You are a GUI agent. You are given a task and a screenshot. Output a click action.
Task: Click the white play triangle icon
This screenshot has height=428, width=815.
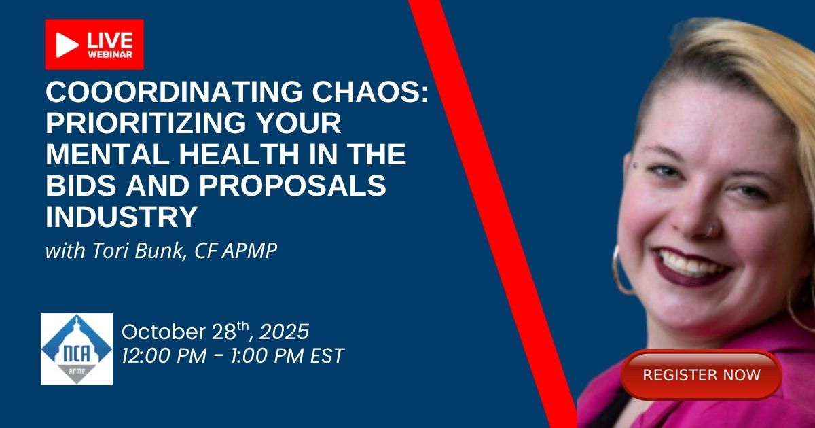(67, 45)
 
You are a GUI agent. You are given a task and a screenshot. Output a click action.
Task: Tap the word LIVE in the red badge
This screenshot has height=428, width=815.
(110, 40)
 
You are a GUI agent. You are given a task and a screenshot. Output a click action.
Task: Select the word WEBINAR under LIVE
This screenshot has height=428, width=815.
(110, 54)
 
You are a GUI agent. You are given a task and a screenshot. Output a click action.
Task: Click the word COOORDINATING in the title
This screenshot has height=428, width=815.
(174, 92)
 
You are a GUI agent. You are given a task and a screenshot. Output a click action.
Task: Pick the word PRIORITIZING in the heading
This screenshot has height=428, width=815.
(146, 123)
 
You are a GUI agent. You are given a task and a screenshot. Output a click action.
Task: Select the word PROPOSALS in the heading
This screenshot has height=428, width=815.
(293, 185)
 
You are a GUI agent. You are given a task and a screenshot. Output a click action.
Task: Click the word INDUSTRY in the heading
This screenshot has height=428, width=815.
(122, 217)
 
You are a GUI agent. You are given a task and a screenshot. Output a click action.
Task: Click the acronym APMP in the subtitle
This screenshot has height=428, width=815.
(250, 251)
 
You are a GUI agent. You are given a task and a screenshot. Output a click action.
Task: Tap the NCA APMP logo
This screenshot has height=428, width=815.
(77, 349)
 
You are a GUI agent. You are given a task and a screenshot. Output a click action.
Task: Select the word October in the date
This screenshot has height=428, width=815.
(164, 332)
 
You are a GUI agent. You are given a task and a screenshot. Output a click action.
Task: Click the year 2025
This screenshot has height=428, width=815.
(284, 332)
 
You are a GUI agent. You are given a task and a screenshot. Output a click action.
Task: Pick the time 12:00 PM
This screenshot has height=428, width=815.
(164, 355)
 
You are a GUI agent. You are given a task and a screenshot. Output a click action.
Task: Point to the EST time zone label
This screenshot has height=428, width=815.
(327, 355)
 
